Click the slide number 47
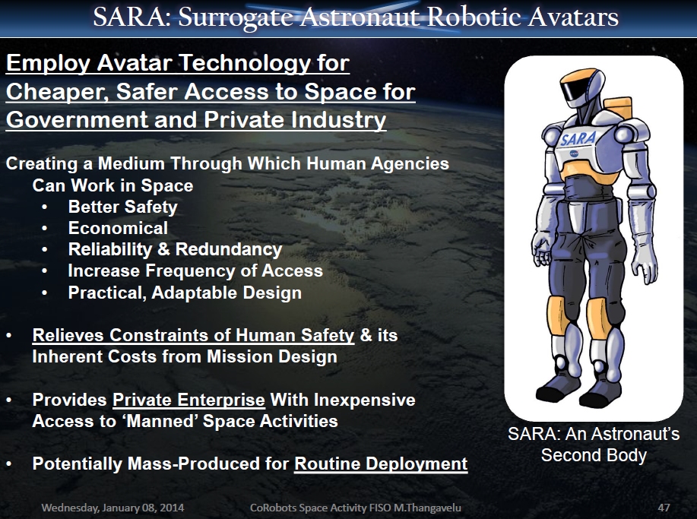664,508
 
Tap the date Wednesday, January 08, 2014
112,508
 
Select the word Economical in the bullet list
118,228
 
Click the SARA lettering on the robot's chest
577,138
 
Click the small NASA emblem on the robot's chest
574,153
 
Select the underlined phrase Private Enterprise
189,400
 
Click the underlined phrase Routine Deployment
381,464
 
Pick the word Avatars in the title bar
573,17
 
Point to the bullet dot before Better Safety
44,207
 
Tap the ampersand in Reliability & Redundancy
163,248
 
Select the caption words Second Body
594,455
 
